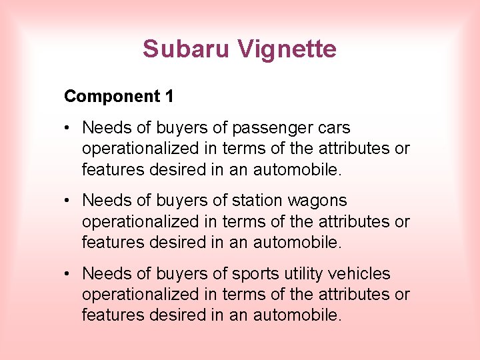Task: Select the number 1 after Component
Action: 169,97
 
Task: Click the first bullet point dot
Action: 69,128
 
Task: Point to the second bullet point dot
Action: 69,201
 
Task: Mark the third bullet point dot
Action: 69,274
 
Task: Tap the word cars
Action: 333,128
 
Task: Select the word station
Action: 257,201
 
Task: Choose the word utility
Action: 302,274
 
